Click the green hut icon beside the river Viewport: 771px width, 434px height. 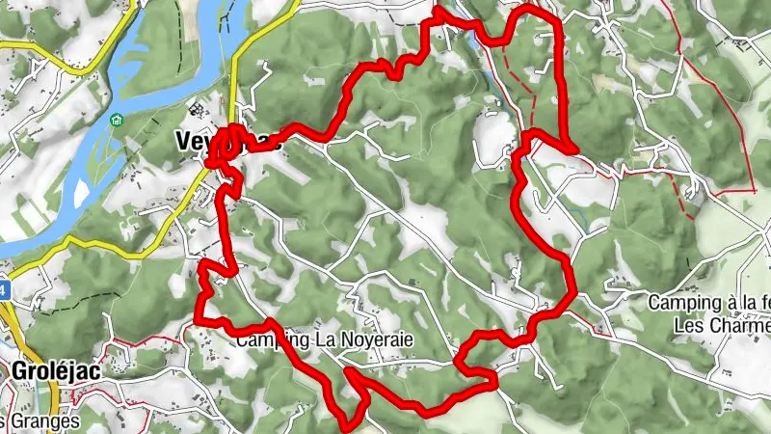[x=118, y=120]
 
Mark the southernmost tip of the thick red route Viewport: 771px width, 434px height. [x=349, y=420]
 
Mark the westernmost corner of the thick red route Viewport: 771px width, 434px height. [x=198, y=318]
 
